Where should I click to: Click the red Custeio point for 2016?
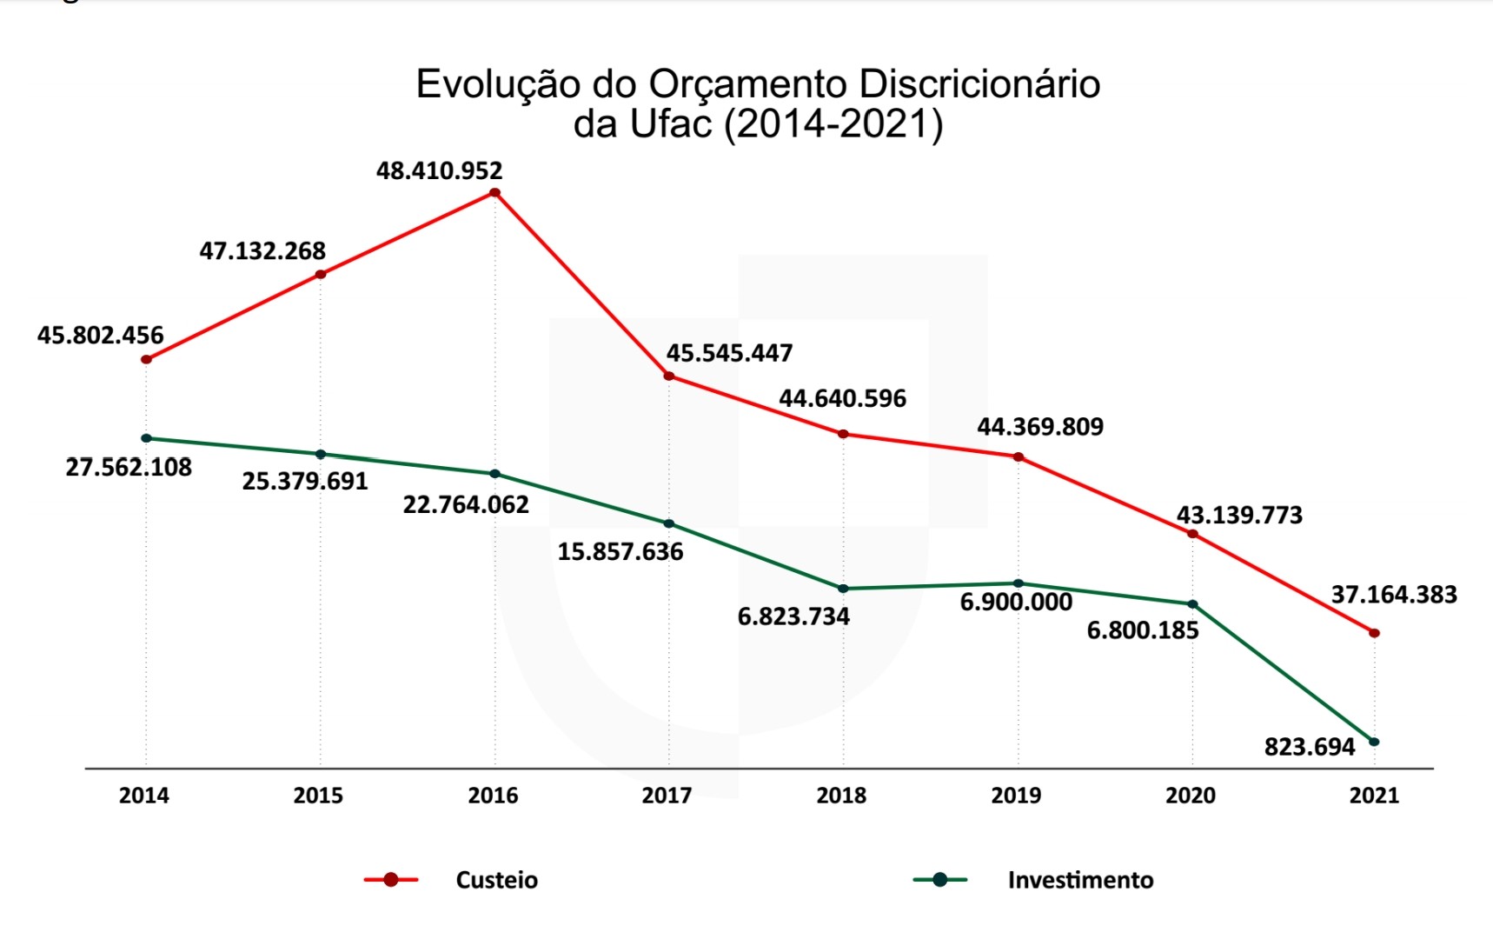(x=494, y=193)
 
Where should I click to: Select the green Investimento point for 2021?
(x=1374, y=742)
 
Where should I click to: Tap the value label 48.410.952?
(x=439, y=170)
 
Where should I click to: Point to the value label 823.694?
(x=1310, y=747)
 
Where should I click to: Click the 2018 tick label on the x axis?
(x=841, y=796)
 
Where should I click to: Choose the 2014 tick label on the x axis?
(x=144, y=796)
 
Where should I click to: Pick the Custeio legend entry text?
(x=496, y=880)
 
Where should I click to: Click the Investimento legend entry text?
(x=1080, y=880)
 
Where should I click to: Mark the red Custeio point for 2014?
(x=146, y=359)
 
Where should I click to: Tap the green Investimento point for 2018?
(x=843, y=589)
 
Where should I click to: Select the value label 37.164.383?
(x=1394, y=595)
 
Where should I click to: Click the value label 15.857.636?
(x=620, y=551)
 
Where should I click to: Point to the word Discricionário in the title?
(x=979, y=84)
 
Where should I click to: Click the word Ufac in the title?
(x=671, y=124)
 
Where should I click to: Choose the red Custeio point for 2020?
(x=1192, y=534)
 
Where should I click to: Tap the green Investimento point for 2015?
(x=321, y=454)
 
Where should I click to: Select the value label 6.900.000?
(x=1016, y=602)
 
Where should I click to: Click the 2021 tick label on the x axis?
(x=1374, y=796)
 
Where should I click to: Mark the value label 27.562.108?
(x=129, y=467)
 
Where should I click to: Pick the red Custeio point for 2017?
(x=668, y=376)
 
